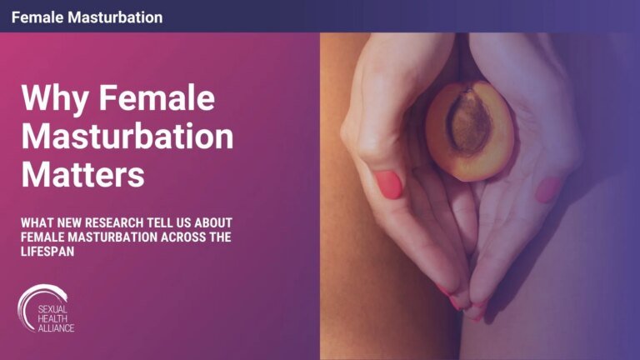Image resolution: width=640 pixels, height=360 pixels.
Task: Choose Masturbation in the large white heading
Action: click(x=127, y=137)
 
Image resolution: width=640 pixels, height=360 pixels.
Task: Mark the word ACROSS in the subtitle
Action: click(x=174, y=239)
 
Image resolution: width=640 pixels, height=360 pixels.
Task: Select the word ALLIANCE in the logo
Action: click(x=55, y=327)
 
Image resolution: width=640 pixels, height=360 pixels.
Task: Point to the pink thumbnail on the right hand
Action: click(x=546, y=189)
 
